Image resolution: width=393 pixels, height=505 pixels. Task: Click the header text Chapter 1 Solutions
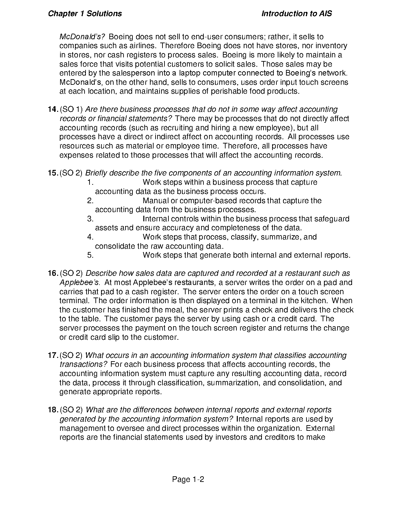[85, 14]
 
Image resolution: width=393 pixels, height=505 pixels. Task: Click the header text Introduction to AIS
[297, 14]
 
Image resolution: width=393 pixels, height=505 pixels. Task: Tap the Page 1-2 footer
[188, 479]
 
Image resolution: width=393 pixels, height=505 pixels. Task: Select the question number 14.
[53, 109]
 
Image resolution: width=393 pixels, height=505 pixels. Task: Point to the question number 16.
[53, 273]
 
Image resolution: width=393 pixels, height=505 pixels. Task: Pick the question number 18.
[53, 410]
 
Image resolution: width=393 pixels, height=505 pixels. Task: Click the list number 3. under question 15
[90, 219]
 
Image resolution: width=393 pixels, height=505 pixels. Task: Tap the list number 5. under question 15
[90, 255]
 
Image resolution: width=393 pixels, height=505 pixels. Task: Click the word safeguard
[332, 219]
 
